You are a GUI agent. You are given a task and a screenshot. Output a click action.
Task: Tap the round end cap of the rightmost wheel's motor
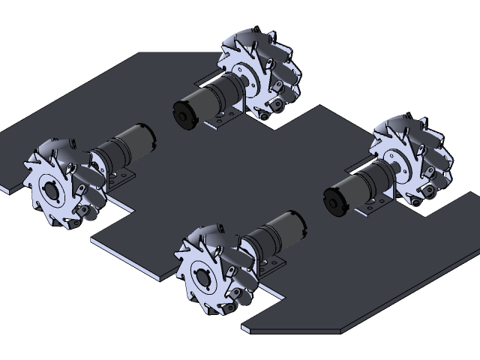click(x=334, y=199)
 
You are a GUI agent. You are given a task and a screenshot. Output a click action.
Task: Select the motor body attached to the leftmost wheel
click(x=124, y=146)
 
